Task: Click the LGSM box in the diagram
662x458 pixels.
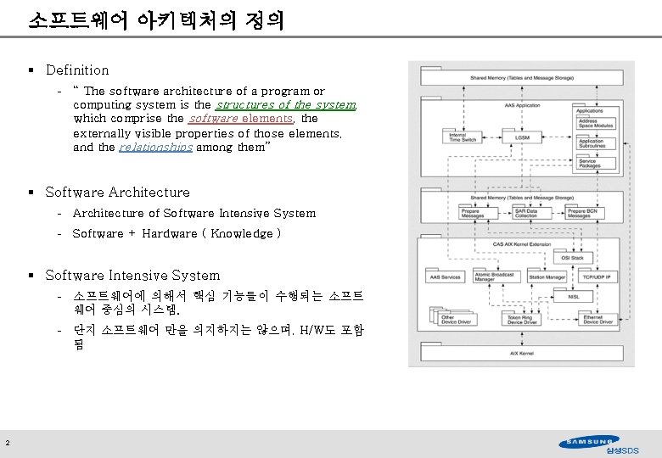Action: tap(521, 137)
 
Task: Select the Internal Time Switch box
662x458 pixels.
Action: tap(458, 137)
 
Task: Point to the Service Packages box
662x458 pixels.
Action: tap(588, 163)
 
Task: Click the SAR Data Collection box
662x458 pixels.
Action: tap(526, 213)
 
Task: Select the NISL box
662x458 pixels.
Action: tap(562, 296)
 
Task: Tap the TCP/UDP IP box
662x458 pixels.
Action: tap(597, 276)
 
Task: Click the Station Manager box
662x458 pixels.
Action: tap(547, 276)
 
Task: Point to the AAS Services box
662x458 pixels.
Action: tap(446, 276)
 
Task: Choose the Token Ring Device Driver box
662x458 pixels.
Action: tap(523, 320)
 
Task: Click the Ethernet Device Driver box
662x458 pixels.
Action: tap(597, 320)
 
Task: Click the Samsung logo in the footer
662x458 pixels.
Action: tap(589, 441)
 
